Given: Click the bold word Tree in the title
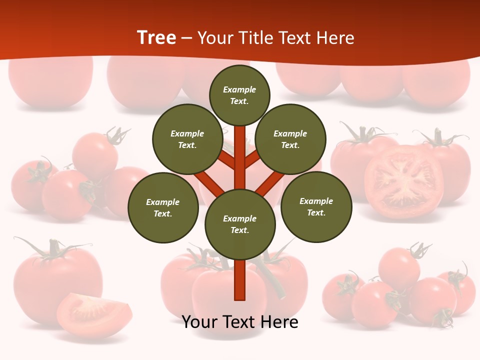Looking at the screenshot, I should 156,38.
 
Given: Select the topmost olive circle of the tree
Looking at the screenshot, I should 239,95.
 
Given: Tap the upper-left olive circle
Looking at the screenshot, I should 187,139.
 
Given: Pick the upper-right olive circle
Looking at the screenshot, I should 290,139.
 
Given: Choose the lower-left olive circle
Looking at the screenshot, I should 163,207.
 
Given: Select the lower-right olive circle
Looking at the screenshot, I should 316,206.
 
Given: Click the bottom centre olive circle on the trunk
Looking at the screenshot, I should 240,224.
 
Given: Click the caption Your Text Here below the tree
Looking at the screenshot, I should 240,322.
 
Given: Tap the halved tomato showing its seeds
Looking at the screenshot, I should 404,182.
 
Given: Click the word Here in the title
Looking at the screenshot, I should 337,38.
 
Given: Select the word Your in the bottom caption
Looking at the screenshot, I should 199,322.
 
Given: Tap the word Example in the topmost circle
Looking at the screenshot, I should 239,89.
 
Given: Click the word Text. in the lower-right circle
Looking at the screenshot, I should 316,212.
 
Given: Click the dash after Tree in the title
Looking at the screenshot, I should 187,38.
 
